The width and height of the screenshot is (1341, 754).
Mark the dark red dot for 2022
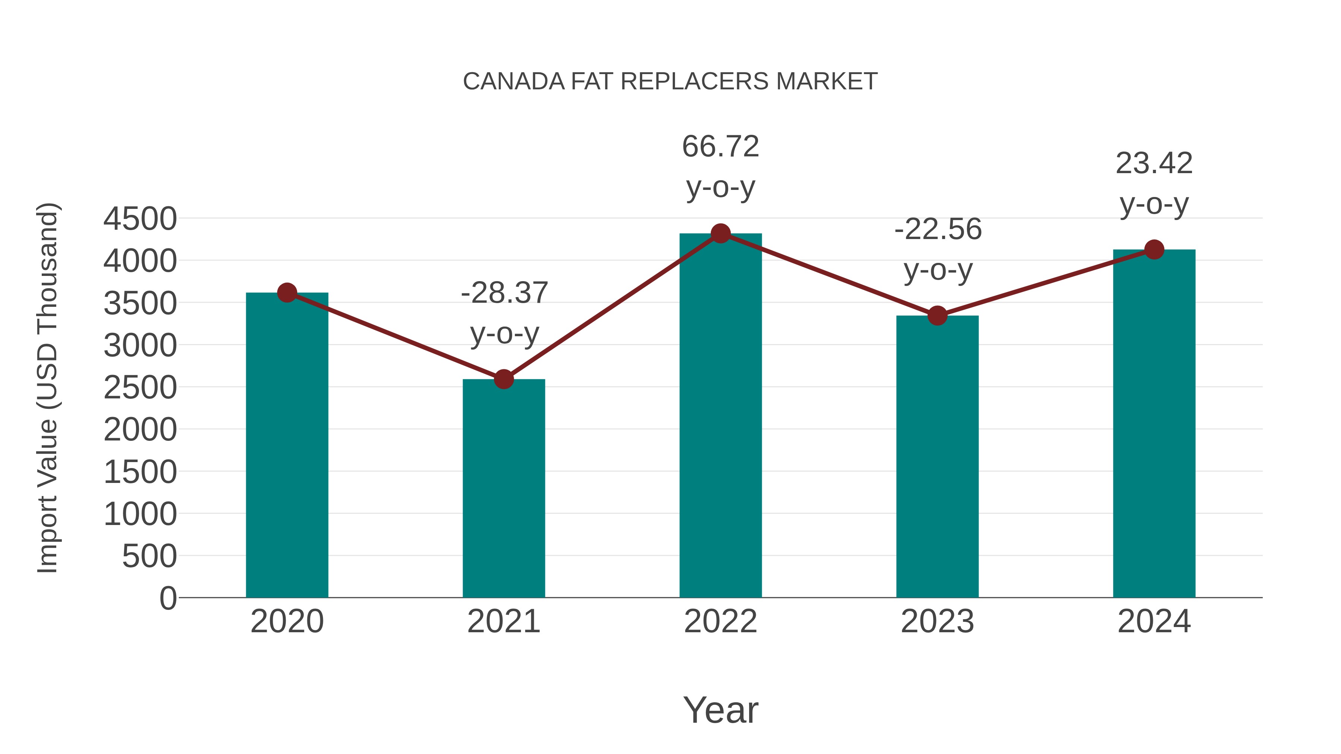click(x=720, y=233)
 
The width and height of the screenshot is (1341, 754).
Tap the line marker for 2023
click(x=937, y=315)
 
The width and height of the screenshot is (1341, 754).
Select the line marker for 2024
click(x=1154, y=250)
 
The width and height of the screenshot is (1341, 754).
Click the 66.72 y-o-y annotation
click(x=720, y=147)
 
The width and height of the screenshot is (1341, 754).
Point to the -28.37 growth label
click(x=504, y=293)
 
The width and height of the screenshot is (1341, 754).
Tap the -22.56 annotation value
click(x=938, y=229)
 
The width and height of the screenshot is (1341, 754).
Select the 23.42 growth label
click(x=1154, y=163)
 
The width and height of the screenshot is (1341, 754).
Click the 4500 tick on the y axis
click(x=140, y=219)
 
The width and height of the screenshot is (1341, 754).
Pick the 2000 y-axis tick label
click(x=140, y=430)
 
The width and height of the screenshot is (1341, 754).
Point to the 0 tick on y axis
click(x=168, y=598)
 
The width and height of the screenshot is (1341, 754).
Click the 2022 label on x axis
click(x=720, y=621)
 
